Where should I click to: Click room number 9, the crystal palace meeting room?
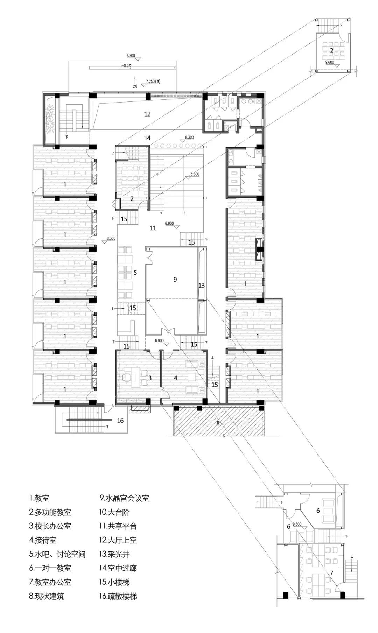pos(175,279)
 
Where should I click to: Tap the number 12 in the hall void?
pos(147,114)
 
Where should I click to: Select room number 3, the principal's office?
pos(150,378)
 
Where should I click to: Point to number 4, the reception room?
pos(176,378)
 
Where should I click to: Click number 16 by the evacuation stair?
pos(120,421)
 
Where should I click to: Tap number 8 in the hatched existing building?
pos(218,423)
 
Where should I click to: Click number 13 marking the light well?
pos(202,286)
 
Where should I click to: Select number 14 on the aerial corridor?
pos(147,138)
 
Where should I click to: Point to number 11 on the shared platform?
pos(153,228)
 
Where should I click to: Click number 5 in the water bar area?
pos(135,273)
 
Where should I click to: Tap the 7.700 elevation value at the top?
pos(131,56)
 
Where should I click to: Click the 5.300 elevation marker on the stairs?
pos(195,174)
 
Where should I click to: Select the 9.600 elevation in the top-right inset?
pos(330,62)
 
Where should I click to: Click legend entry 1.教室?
pos(40,498)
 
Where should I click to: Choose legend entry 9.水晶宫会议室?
pos(125,498)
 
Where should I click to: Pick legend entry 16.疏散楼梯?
pos(118,596)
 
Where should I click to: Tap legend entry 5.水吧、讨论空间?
pos(57,554)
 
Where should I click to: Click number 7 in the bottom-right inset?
pos(331,573)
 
